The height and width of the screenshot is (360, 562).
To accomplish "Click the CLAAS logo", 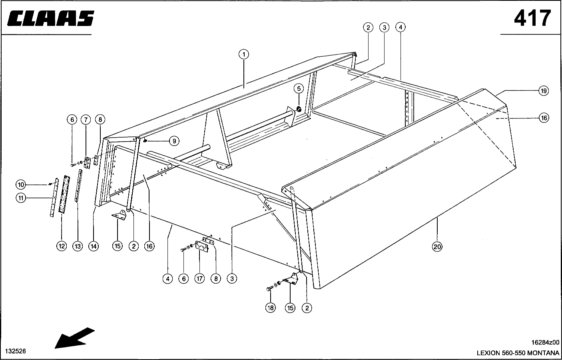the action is pyautogui.click(x=51, y=18).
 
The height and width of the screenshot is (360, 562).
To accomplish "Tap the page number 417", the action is pyautogui.click(x=532, y=18).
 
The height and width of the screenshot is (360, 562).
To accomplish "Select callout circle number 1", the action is pyautogui.click(x=243, y=54).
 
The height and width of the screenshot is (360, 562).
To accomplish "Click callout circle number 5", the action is pyautogui.click(x=299, y=88).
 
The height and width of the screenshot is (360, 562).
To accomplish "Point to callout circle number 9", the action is pyautogui.click(x=174, y=141).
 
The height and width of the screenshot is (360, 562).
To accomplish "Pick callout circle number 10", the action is pyautogui.click(x=21, y=185).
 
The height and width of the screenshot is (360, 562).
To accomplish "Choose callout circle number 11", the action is pyautogui.click(x=21, y=198).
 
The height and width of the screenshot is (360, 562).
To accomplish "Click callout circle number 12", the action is pyautogui.click(x=62, y=246).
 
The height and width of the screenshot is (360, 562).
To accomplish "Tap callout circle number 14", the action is pyautogui.click(x=93, y=246).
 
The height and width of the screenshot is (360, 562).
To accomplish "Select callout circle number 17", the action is pyautogui.click(x=199, y=279).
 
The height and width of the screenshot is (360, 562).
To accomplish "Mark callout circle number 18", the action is pyautogui.click(x=271, y=308).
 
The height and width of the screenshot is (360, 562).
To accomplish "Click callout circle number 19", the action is pyautogui.click(x=544, y=91).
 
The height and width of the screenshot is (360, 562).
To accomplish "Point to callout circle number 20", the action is pyautogui.click(x=437, y=247).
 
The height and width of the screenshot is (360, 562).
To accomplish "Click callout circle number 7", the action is pyautogui.click(x=86, y=120).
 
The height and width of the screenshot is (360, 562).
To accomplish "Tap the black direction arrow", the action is pyautogui.click(x=74, y=338).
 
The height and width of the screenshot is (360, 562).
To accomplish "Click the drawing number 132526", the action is pyautogui.click(x=16, y=351).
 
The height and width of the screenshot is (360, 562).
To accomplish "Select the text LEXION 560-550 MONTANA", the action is pyautogui.click(x=518, y=353).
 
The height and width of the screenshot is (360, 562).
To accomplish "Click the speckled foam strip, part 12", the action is pyautogui.click(x=64, y=194).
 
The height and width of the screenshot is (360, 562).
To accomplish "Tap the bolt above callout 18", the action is pyautogui.click(x=270, y=288).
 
